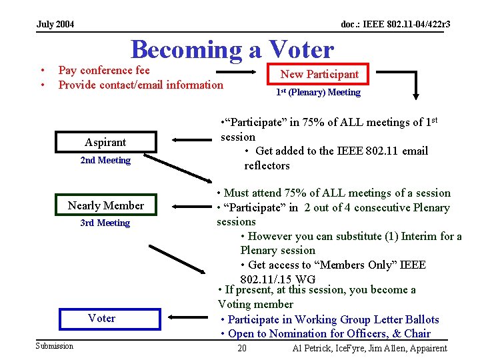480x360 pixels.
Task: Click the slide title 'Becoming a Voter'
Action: click(x=232, y=49)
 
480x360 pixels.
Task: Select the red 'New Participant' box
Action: click(x=319, y=74)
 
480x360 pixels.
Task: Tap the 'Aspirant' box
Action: click(x=105, y=142)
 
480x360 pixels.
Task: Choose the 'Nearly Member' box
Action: click(x=105, y=205)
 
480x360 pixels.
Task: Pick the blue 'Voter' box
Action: click(x=101, y=318)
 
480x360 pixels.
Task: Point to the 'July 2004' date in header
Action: click(x=55, y=25)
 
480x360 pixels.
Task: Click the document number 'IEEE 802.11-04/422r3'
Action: click(x=395, y=25)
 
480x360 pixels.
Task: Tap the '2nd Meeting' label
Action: click(x=105, y=160)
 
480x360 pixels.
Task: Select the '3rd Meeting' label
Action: click(x=105, y=223)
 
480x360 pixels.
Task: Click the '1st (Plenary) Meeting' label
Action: click(x=318, y=92)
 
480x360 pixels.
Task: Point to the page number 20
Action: click(x=242, y=349)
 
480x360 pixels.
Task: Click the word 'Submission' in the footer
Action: click(x=55, y=345)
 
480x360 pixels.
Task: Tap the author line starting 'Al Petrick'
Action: click(x=369, y=349)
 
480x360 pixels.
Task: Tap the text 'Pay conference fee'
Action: click(x=104, y=70)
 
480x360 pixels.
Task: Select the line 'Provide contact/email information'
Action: click(x=141, y=85)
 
